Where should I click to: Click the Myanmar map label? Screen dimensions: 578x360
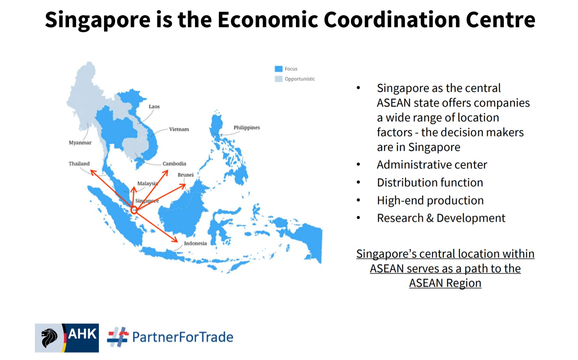tap(80, 143)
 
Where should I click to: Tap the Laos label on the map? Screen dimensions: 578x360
tap(154, 107)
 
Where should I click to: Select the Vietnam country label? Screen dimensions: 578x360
tap(179, 129)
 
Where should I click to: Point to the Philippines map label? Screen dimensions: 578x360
tap(247, 128)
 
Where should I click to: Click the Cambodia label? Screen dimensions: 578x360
tap(174, 164)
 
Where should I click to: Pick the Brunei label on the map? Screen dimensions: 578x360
tap(185, 175)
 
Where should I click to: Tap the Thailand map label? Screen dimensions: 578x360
tap(79, 164)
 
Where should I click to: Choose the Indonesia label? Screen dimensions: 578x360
tap(195, 244)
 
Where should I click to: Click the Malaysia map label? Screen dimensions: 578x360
tap(148, 183)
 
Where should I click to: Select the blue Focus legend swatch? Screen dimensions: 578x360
tap(279, 69)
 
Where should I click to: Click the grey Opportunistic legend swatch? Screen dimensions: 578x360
tap(279, 79)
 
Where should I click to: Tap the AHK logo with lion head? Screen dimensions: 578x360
tap(67, 338)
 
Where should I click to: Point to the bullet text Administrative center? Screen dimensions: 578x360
tap(432, 165)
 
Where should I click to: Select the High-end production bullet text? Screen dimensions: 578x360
tap(430, 200)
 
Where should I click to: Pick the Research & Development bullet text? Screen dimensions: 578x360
tap(441, 218)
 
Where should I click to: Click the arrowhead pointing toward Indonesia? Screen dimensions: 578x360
tap(175, 239)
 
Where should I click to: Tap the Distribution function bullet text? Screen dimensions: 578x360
tap(430, 183)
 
